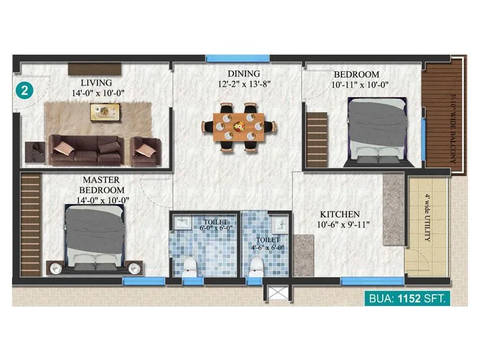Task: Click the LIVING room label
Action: coord(97,82)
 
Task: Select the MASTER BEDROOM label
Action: coord(101,185)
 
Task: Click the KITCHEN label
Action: coord(340,214)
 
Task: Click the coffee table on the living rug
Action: coord(106,112)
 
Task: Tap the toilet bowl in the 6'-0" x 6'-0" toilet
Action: coord(191,263)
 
